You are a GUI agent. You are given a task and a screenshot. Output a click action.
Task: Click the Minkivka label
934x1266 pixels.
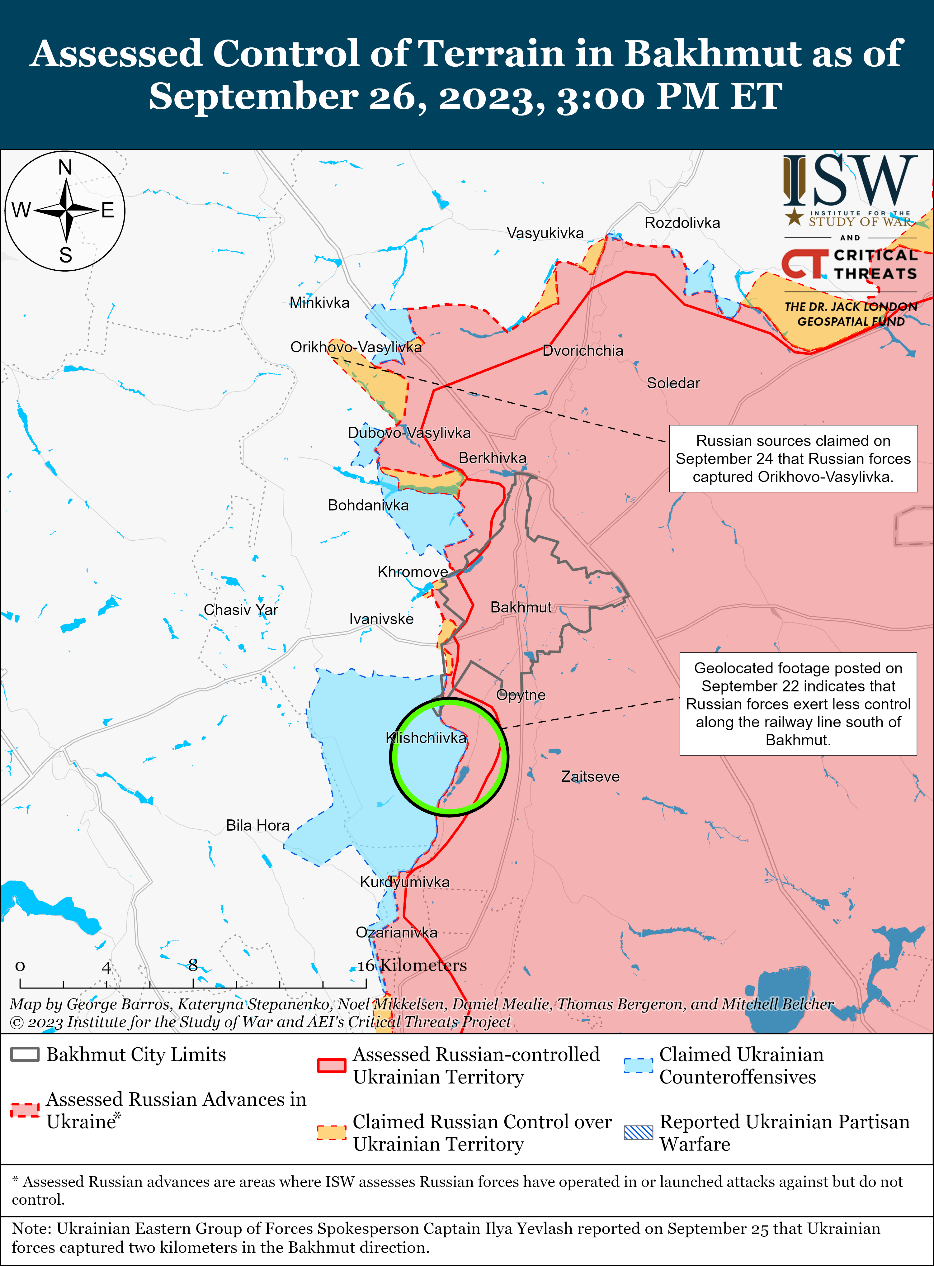coord(319,302)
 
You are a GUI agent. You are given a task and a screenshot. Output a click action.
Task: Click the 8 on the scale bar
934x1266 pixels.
coord(193,965)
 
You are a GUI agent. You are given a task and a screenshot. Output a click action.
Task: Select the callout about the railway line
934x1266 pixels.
coord(798,704)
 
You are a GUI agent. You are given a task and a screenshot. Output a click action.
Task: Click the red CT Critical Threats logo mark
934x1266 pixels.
coord(804,263)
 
